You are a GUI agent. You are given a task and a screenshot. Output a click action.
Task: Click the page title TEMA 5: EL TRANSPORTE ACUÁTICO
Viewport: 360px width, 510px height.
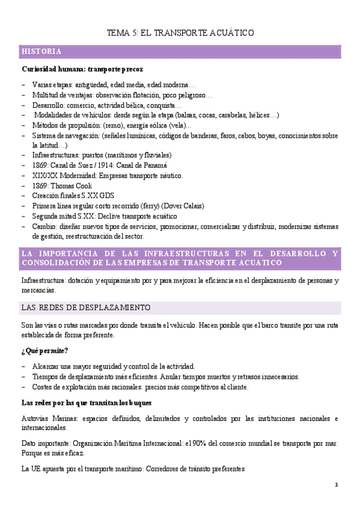(x=180, y=33)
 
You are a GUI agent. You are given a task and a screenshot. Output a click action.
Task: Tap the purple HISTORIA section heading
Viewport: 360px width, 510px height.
(x=40, y=51)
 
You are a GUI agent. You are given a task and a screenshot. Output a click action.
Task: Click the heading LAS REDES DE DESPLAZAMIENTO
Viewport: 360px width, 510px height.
(x=85, y=308)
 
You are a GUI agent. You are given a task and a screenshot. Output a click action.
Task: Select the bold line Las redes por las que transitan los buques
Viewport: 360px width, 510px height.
(x=86, y=402)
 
